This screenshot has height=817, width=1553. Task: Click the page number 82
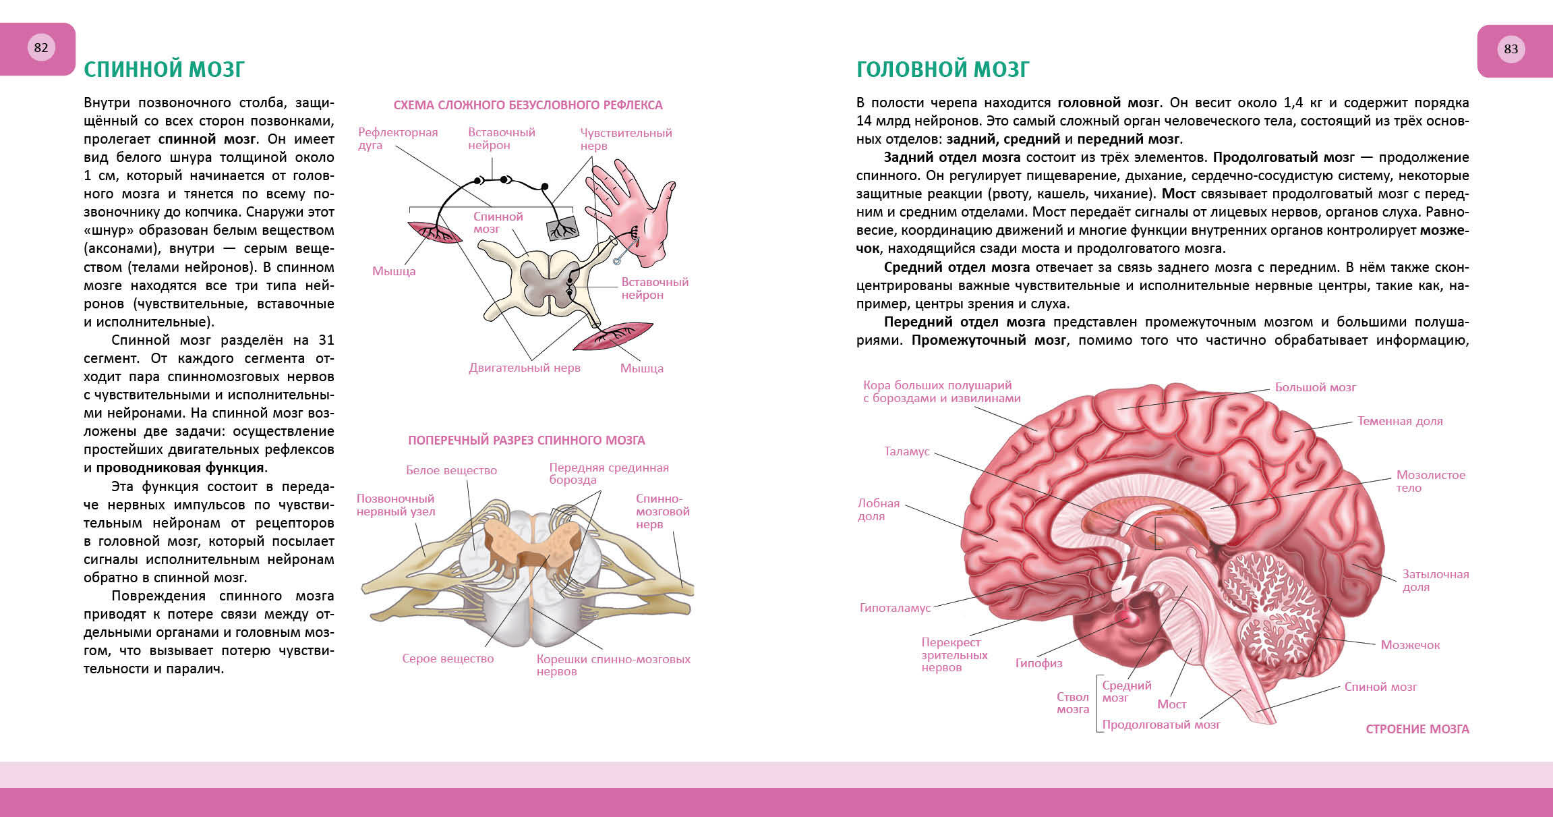[x=41, y=47]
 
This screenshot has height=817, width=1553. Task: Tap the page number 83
[x=1511, y=49]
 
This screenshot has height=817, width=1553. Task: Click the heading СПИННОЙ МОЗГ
[x=164, y=69]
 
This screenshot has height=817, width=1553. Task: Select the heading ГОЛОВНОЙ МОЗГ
[x=943, y=69]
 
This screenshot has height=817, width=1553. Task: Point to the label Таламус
[x=907, y=451]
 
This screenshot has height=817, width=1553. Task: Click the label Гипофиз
[x=1038, y=663]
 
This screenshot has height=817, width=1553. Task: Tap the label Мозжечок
[x=1410, y=645]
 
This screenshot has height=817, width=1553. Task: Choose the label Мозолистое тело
[x=1430, y=481]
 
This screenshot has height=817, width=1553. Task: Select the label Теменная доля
[x=1400, y=421]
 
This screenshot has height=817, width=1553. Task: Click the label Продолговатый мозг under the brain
[x=1161, y=725]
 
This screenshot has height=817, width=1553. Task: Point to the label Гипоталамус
[x=895, y=608]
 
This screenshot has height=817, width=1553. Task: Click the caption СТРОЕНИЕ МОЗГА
[x=1417, y=729]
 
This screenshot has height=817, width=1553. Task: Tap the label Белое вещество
[x=451, y=470]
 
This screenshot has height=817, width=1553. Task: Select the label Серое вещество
[x=448, y=658]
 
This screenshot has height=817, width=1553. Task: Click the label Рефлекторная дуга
[x=398, y=138]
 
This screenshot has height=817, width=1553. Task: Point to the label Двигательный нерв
[x=525, y=368]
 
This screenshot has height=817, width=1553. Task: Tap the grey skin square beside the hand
[x=561, y=229]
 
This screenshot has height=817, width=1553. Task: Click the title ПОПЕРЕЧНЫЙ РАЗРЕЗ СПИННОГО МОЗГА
[x=527, y=441]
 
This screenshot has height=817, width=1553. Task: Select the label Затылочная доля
[x=1435, y=580]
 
